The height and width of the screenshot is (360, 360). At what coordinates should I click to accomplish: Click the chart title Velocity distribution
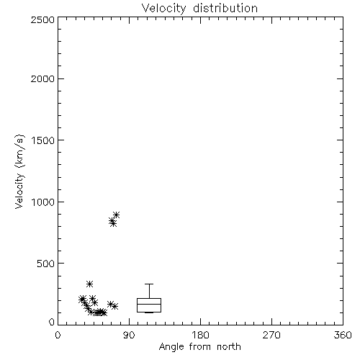tap(199, 9)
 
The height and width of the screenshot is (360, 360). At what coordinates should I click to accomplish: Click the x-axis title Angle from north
tap(199, 347)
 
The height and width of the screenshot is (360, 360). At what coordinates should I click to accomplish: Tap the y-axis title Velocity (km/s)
tap(19, 171)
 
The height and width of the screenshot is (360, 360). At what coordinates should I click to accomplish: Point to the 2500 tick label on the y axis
tap(42, 19)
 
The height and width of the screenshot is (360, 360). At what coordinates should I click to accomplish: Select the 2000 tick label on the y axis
tap(42, 78)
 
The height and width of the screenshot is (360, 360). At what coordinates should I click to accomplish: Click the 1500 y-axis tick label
tap(43, 140)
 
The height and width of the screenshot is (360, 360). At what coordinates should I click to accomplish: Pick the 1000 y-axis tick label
tap(43, 202)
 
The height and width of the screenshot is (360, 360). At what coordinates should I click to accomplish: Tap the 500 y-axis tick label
tap(46, 264)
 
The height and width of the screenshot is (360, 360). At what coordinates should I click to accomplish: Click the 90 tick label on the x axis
tap(129, 335)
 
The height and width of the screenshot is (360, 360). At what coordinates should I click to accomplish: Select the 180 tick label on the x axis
tap(200, 335)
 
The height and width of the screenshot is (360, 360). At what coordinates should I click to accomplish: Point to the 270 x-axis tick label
tap(271, 335)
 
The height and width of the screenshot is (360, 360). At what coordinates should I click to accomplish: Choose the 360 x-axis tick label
tap(343, 335)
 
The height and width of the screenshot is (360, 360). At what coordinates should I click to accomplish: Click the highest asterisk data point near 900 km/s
tap(117, 215)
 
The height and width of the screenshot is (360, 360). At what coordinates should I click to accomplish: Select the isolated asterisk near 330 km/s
tap(89, 284)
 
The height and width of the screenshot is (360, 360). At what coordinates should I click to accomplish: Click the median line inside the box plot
tap(149, 304)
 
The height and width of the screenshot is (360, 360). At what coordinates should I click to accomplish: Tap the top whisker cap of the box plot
tap(149, 284)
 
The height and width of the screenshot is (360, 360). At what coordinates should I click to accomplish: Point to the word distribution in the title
tap(225, 9)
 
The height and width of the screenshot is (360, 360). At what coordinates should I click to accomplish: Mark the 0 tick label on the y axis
tap(52, 322)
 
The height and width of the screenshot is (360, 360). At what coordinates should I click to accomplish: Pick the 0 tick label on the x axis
tap(58, 335)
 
